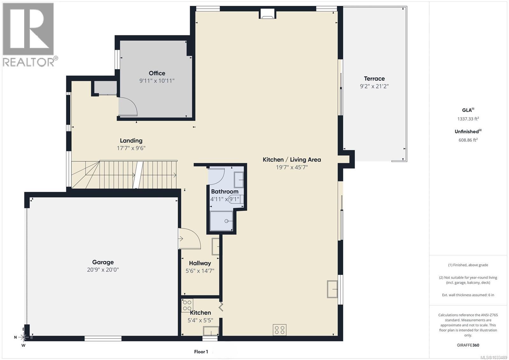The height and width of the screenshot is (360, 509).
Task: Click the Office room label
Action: tap(157, 73)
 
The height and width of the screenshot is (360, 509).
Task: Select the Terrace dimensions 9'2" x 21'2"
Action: tap(374, 86)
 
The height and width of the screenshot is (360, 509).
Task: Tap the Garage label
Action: tap(103, 262)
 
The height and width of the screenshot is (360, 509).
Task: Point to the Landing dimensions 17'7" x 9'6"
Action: tap(131, 148)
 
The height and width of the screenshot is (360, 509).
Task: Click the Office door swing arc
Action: tap(129, 106)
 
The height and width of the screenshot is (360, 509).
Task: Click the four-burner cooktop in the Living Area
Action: tap(279, 329)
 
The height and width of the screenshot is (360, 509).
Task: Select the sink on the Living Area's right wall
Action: tap(332, 289)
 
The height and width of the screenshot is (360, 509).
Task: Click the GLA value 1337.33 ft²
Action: tap(468, 119)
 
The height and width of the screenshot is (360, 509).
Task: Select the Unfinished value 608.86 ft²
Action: tap(468, 140)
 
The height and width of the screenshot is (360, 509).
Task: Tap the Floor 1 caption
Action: tap(201, 352)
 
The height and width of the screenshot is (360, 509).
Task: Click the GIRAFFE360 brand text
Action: tap(468, 345)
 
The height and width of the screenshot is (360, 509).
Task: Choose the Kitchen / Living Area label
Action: tap(292, 160)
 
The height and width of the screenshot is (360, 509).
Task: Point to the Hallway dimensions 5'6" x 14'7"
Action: tap(200, 271)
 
